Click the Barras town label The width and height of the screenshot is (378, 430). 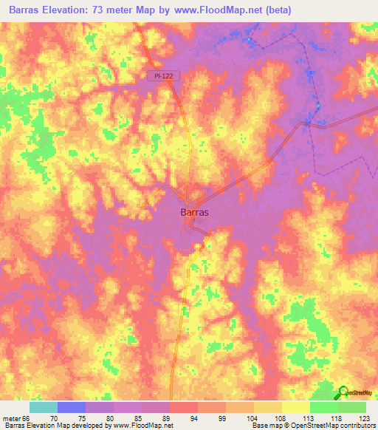click(x=194, y=211)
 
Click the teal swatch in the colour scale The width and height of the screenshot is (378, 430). click(x=43, y=407)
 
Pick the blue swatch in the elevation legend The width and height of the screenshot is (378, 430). click(x=71, y=407)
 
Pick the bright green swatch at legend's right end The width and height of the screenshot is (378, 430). click(x=352, y=407)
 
